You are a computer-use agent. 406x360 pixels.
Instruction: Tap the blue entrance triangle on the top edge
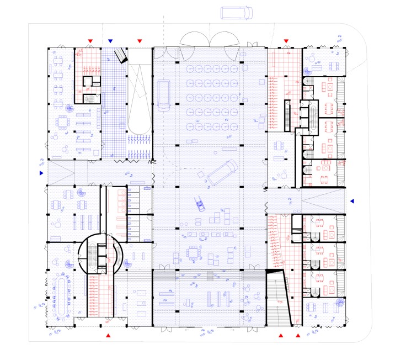(111, 41)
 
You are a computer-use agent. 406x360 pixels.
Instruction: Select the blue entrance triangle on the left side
(40, 173)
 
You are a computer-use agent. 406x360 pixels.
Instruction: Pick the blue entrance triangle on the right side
(352, 200)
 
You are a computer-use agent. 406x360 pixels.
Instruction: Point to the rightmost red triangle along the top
(286, 41)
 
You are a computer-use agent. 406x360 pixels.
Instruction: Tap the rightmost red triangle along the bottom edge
(298, 335)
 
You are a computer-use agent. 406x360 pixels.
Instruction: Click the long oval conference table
(60, 296)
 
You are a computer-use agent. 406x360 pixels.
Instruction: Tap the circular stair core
(99, 253)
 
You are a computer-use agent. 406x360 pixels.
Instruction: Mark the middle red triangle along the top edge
(140, 41)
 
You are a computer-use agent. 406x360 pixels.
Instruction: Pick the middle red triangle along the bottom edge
(281, 335)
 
